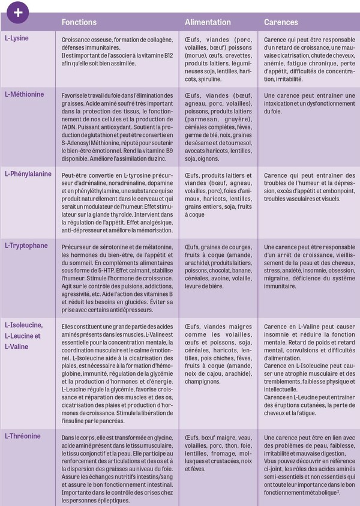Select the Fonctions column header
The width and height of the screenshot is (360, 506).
tap(79, 22)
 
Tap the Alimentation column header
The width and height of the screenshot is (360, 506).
tap(208, 22)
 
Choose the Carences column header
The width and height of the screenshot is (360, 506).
tap(281, 22)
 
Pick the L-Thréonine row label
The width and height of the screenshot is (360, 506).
tap(23, 435)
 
